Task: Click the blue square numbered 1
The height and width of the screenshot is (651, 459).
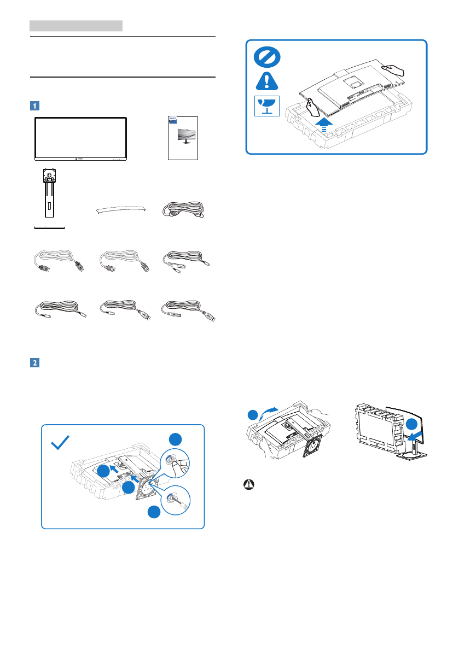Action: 34,105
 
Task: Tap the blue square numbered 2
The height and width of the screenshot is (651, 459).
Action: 34,362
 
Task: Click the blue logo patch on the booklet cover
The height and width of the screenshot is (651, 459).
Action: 173,118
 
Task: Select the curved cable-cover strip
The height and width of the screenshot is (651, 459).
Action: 121,210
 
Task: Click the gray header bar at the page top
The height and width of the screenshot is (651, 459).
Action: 76,25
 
